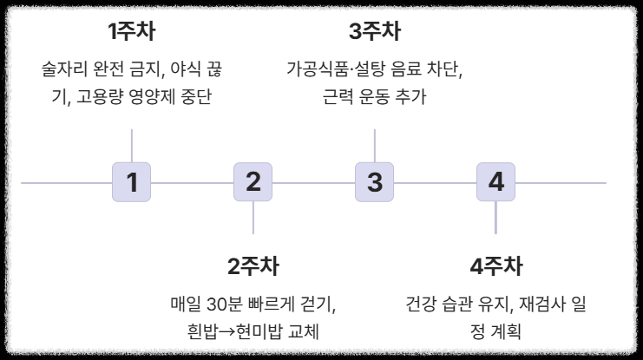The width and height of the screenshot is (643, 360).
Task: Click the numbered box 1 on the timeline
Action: (132, 182)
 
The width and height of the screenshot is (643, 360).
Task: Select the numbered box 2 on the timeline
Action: (253, 182)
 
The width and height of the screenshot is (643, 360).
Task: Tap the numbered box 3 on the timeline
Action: (375, 182)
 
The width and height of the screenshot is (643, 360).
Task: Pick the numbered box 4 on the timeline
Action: (495, 182)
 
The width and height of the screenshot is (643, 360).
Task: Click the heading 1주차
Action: (132, 32)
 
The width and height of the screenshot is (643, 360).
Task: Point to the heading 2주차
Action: (253, 265)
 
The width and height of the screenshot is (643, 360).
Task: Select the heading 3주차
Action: (375, 32)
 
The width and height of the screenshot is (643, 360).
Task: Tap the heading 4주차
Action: (495, 265)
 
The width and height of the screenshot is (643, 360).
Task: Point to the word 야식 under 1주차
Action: (187, 69)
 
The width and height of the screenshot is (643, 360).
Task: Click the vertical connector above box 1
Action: (132, 145)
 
